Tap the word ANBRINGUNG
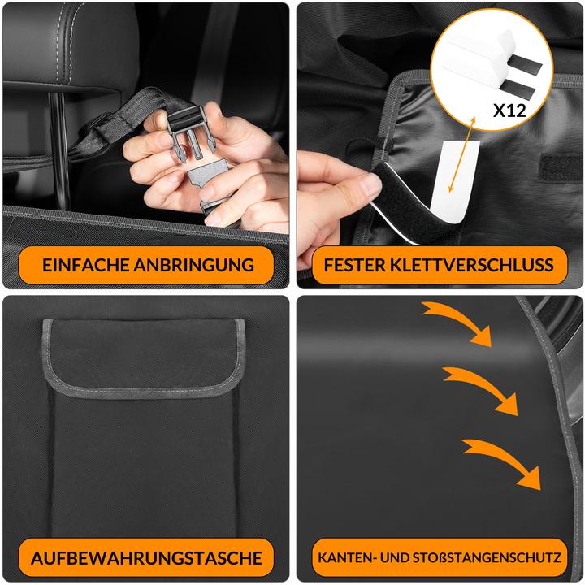pyautogui.click(x=194, y=265)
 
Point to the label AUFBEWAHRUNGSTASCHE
pyautogui.click(x=146, y=558)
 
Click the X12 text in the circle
pyautogui.click(x=509, y=110)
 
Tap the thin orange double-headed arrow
pyautogui.click(x=461, y=154)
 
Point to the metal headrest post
pyautogui.click(x=59, y=149)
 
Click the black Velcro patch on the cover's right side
pyautogui.click(x=560, y=166)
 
